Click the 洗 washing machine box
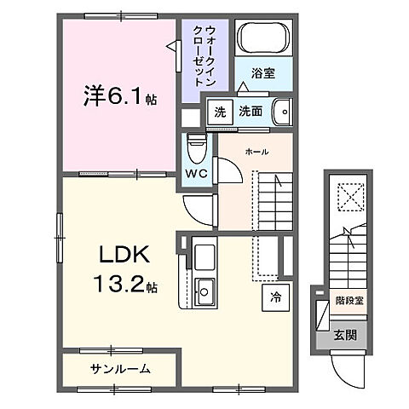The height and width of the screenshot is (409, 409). pos(220,111)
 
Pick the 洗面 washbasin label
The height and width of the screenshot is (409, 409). pos(250,111)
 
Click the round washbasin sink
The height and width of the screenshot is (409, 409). pos(283,111)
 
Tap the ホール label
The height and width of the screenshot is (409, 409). pos(256,152)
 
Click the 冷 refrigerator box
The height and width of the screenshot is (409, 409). pos(275,298)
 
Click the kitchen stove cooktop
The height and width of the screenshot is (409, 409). pos(204,256)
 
